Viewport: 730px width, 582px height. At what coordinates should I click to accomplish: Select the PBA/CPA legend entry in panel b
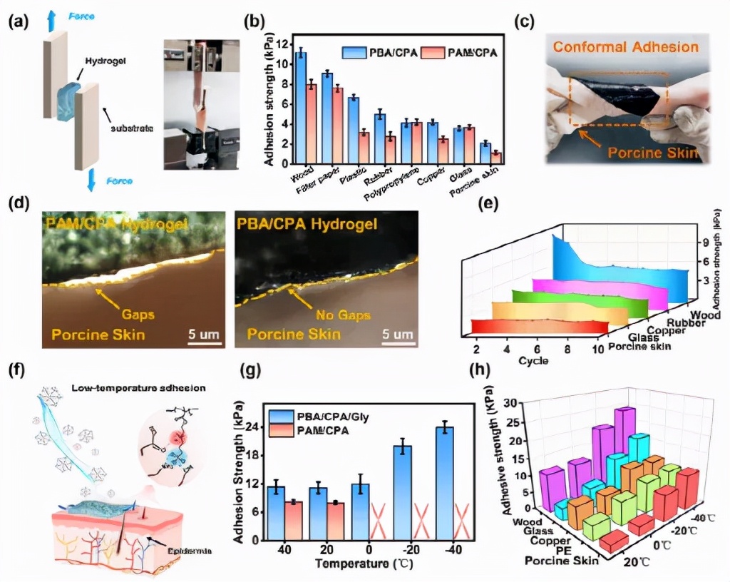pos(382,52)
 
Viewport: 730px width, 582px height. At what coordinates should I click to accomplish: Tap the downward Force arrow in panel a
pos(91,180)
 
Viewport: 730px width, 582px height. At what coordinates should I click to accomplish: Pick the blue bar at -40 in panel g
pos(445,482)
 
